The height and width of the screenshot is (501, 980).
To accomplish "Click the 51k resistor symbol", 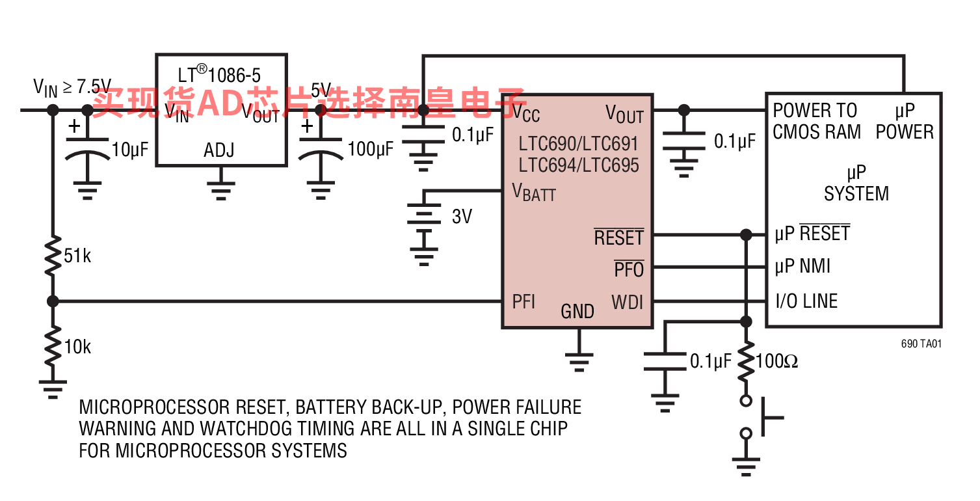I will (53, 255).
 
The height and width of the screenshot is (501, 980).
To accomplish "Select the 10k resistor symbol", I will (53, 346).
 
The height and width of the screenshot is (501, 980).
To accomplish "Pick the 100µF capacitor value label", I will (371, 150).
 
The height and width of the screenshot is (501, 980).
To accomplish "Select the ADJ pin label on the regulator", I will (219, 151).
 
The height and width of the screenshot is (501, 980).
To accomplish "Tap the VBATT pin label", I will (534, 192).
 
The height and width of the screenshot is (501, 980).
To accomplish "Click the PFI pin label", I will (523, 301).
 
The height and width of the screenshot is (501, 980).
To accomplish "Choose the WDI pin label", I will (628, 303).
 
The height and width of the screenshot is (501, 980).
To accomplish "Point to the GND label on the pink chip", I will (577, 312).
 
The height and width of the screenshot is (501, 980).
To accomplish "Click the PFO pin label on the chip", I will (629, 269).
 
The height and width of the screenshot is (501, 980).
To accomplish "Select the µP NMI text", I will (802, 266).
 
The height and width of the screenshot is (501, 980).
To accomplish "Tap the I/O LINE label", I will (806, 301).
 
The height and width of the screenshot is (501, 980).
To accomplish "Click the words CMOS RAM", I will (817, 132).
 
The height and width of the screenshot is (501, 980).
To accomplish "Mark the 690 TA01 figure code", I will (921, 344).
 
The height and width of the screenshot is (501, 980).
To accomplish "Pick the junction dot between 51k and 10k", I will (53, 301).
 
